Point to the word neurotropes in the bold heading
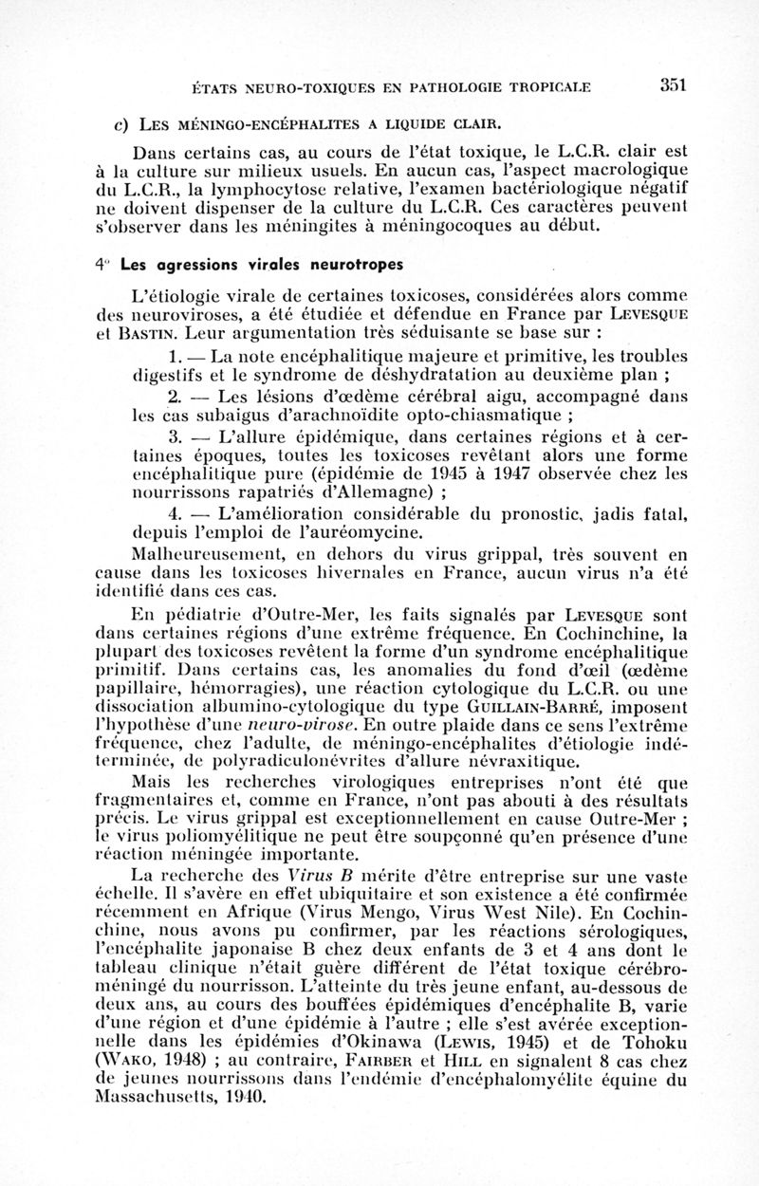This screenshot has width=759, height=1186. click(357, 263)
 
